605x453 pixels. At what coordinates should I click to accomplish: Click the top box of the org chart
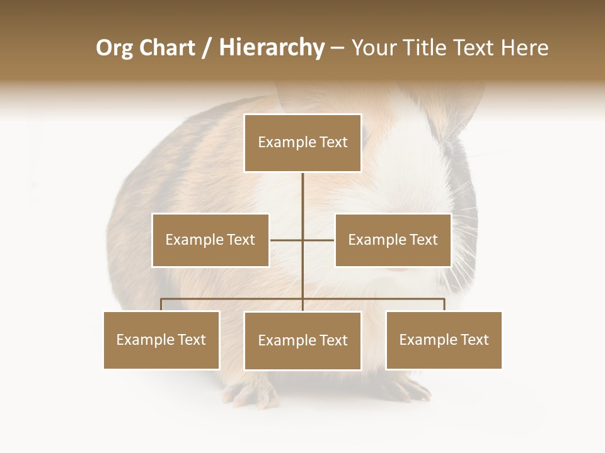click(302, 143)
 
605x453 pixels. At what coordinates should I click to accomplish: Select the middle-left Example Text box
click(210, 240)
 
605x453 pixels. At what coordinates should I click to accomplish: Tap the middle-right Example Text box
click(393, 240)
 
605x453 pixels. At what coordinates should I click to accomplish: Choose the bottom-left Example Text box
click(161, 340)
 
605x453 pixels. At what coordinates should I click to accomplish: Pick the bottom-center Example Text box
click(302, 340)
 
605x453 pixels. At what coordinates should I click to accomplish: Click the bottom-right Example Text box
click(444, 340)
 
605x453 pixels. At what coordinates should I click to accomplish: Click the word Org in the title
click(114, 48)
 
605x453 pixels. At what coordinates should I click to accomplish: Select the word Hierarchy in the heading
click(271, 48)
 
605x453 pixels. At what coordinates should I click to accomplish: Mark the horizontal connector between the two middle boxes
click(302, 240)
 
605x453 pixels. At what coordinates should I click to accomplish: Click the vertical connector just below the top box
click(302, 189)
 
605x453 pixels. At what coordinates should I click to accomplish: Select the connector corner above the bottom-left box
click(161, 299)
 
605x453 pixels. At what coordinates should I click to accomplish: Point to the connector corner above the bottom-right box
click(444, 299)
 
